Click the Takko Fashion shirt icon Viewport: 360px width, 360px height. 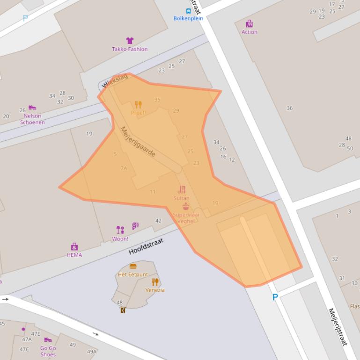[x=130, y=41]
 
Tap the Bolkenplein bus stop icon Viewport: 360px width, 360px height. [x=188, y=11]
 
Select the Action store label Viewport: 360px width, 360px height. [x=249, y=32]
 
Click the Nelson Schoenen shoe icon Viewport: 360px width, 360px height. [x=32, y=108]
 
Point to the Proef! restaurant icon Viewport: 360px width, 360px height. [x=138, y=105]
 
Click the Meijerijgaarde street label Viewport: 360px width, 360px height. [x=138, y=142]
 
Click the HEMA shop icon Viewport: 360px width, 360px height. [x=74, y=247]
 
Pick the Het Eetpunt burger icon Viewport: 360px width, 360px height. [x=133, y=266]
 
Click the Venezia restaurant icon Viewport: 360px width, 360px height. [x=155, y=282]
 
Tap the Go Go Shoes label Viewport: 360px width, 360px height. [x=48, y=351]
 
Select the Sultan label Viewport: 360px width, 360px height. [x=181, y=198]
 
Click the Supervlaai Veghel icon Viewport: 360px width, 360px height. [x=186, y=207]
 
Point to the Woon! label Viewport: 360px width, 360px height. [x=120, y=239]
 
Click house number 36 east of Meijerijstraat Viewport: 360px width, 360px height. [x=289, y=108]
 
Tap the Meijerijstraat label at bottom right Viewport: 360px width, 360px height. [x=337, y=327]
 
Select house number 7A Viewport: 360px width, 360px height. [x=124, y=168]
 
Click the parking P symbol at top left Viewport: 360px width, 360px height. [x=25, y=18]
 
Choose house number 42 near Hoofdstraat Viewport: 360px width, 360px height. [x=158, y=221]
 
